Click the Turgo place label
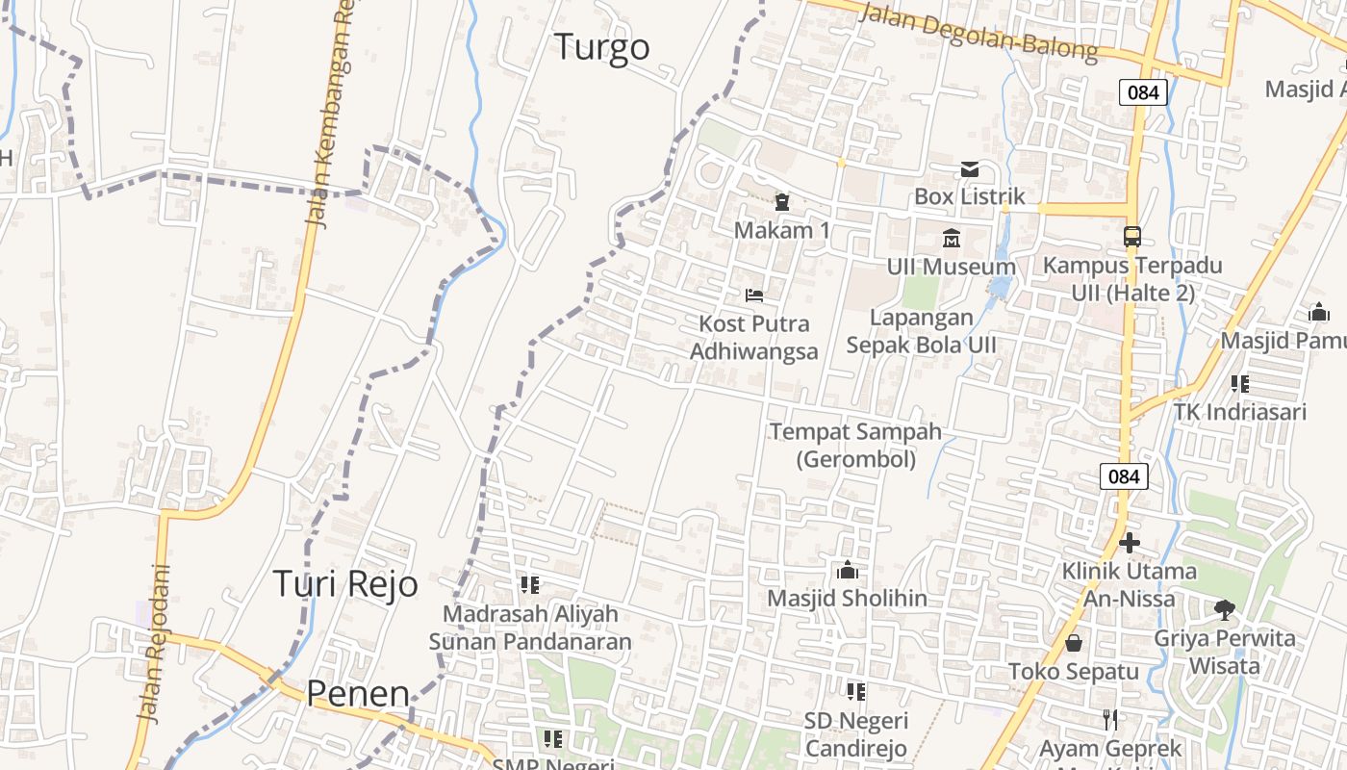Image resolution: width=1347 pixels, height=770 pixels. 602,47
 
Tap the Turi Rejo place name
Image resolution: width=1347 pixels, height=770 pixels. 345,584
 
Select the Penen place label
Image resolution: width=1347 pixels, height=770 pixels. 358,694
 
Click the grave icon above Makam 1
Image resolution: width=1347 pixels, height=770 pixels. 781,202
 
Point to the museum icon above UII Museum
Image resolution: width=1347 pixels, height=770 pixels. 952,238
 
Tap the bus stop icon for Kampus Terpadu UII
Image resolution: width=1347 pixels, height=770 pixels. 1132,236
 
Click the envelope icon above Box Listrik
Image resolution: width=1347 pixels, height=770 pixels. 969,169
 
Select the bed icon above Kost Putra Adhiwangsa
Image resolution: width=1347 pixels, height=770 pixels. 754,295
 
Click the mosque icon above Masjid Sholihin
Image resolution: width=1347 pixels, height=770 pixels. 847,570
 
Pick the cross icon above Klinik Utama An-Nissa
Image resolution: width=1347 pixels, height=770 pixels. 1130,543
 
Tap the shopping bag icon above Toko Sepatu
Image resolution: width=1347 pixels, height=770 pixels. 1073,643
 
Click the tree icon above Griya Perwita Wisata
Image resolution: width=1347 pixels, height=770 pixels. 1225,609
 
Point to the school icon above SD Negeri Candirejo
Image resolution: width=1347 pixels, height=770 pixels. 855,691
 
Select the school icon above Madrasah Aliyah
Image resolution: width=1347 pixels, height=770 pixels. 529,584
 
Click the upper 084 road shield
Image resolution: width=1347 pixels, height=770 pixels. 1143,92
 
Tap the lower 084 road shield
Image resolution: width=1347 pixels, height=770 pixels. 1123,475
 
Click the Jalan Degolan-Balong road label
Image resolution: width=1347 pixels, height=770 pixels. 978,32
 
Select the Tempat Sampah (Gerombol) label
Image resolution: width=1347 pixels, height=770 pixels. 855,445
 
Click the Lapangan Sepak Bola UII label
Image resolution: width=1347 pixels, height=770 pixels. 921,331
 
